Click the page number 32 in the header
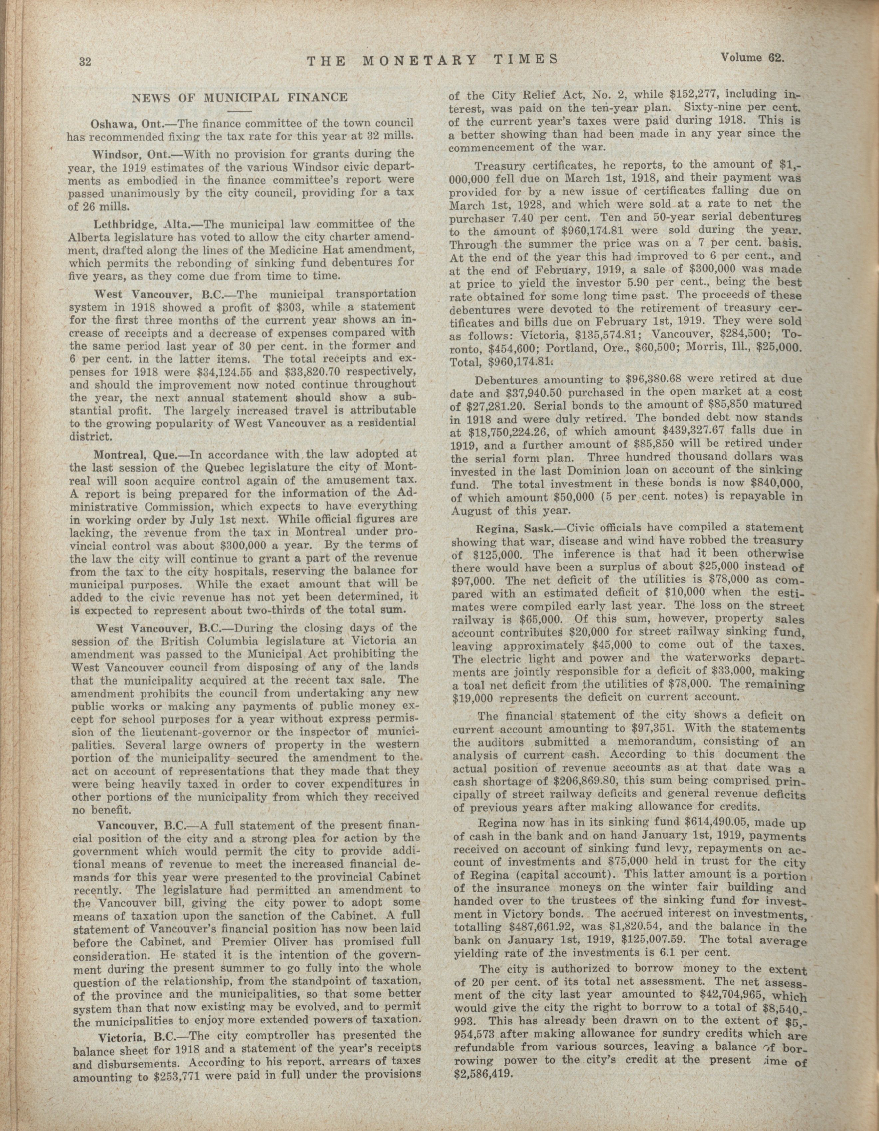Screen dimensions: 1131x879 [x=85, y=62]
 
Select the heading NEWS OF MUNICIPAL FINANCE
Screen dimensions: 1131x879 [x=240, y=97]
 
